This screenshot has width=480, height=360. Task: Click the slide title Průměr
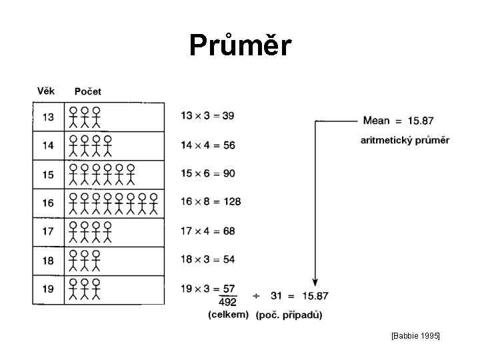click(x=240, y=45)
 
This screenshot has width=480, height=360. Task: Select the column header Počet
click(x=88, y=91)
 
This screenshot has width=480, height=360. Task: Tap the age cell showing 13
click(x=48, y=117)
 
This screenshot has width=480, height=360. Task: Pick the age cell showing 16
click(x=48, y=203)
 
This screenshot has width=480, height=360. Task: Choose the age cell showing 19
click(x=48, y=290)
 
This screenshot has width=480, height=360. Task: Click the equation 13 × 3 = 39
click(x=207, y=115)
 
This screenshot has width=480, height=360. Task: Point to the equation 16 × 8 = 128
click(x=211, y=201)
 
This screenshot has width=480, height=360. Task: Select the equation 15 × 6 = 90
click(x=207, y=173)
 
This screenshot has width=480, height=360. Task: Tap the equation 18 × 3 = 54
click(x=207, y=259)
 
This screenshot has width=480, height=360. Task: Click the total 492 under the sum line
click(x=228, y=303)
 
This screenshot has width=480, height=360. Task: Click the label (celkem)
click(x=229, y=315)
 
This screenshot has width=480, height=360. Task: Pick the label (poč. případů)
click(x=289, y=315)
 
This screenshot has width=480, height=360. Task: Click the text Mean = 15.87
click(x=398, y=121)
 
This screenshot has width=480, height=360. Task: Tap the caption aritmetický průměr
click(x=405, y=140)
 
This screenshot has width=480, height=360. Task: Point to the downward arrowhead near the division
click(x=315, y=283)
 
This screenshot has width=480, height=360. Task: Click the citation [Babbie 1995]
click(x=415, y=337)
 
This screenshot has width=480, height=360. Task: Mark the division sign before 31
click(x=257, y=295)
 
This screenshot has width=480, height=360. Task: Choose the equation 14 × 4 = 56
click(x=207, y=145)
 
